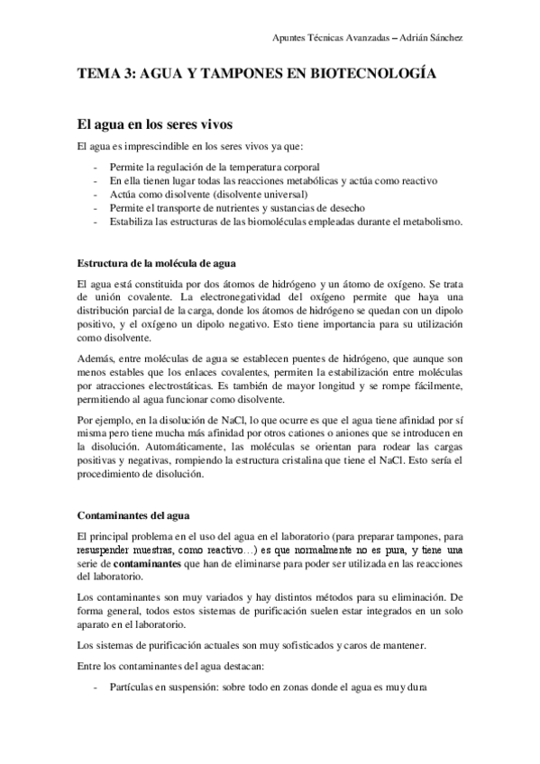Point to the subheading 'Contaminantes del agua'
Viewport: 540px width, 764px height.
point(132,515)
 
